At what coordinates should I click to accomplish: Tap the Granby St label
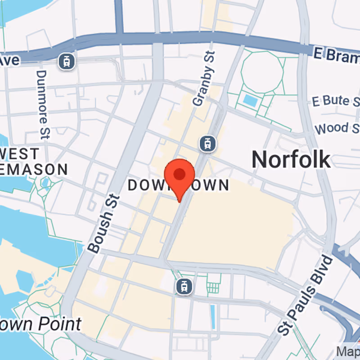204,79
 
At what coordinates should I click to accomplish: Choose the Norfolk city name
291,159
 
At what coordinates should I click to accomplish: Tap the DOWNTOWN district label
179,185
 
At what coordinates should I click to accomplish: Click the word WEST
20,154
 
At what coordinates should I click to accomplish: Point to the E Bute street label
336,101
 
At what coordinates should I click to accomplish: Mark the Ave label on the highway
10,59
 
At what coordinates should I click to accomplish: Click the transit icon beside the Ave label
67,61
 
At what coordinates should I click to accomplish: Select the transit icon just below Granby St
207,144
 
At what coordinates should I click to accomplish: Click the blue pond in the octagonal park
249,99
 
